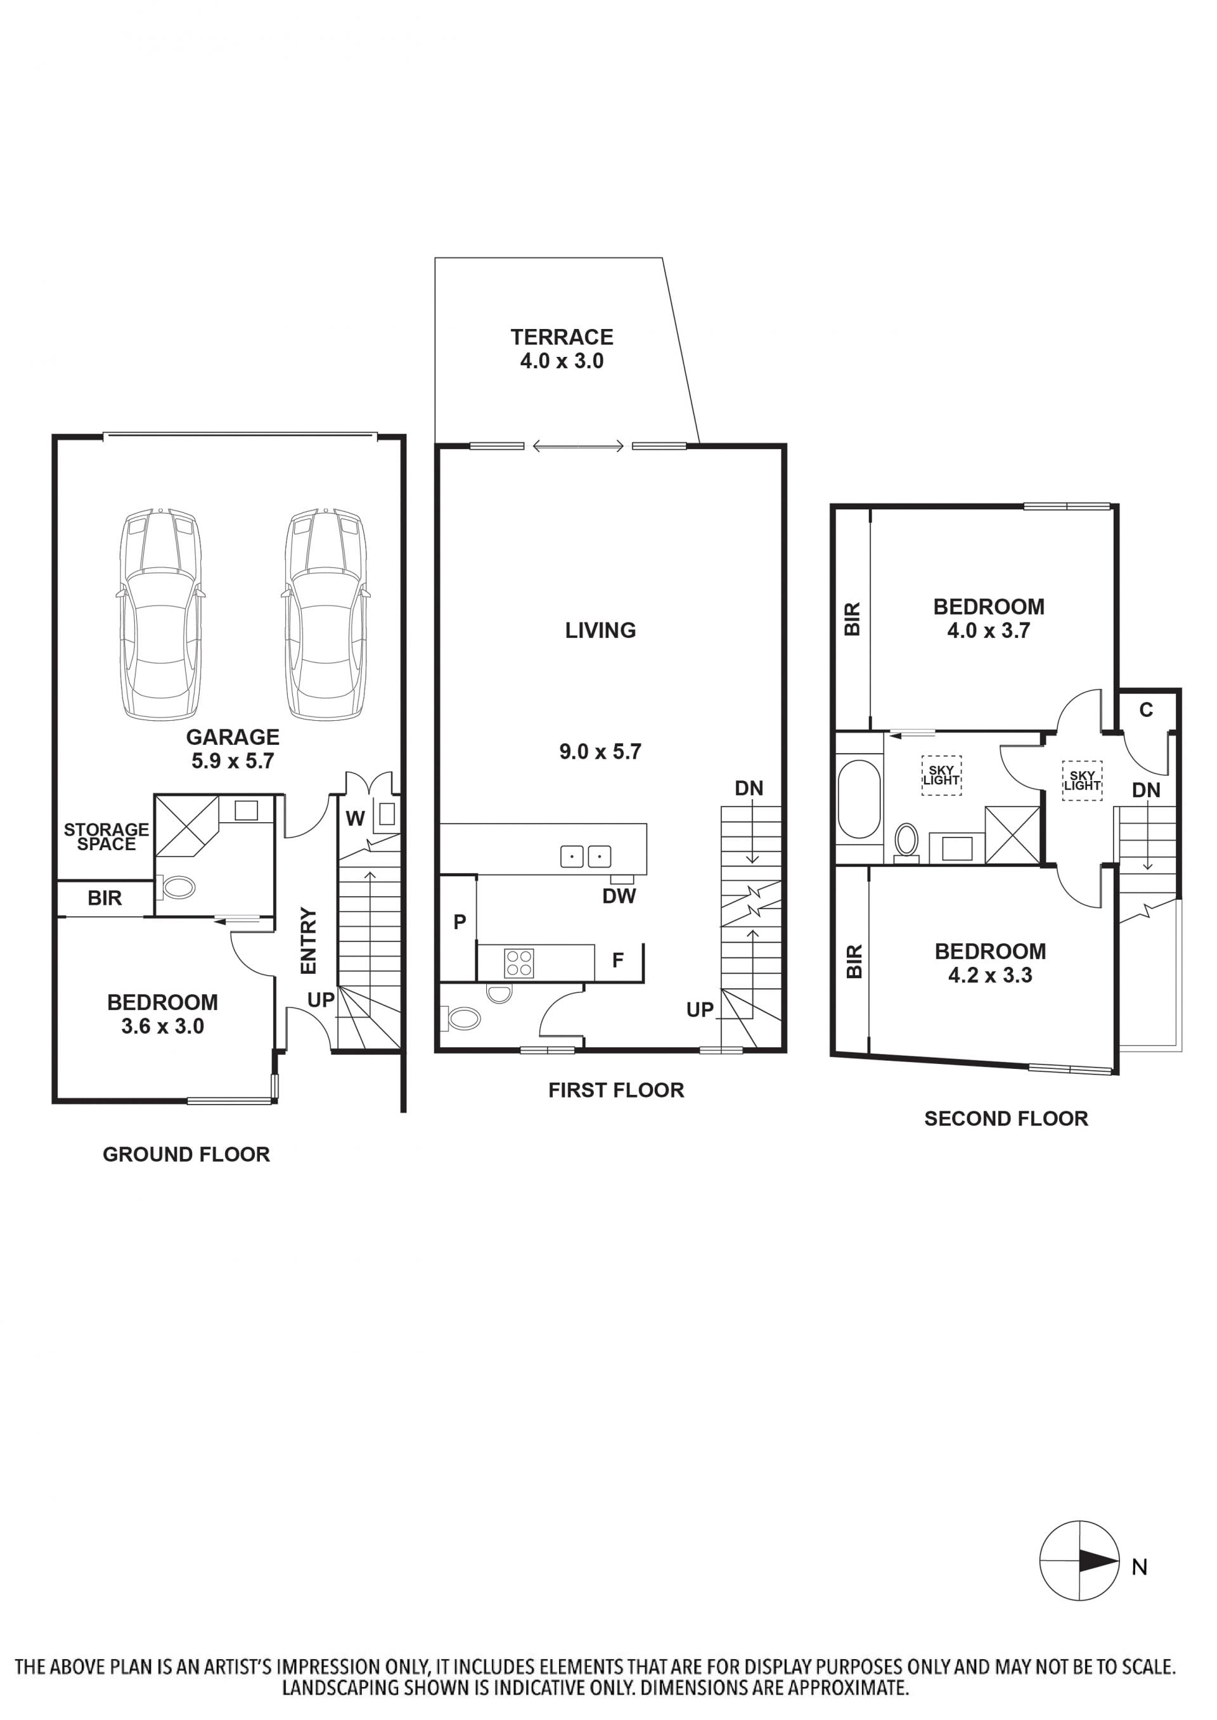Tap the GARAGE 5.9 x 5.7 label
(233, 749)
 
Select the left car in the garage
(161, 614)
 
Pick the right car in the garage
(326, 614)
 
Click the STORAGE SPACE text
(106, 836)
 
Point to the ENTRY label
(309, 941)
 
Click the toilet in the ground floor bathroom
(176, 888)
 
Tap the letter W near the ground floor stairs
(355, 818)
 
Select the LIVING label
(600, 630)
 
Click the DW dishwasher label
(619, 896)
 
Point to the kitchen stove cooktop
(518, 963)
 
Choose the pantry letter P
(460, 922)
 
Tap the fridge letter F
(618, 960)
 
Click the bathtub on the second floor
(860, 799)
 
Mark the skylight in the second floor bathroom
(941, 775)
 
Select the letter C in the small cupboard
(1147, 709)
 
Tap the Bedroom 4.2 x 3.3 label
(991, 963)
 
